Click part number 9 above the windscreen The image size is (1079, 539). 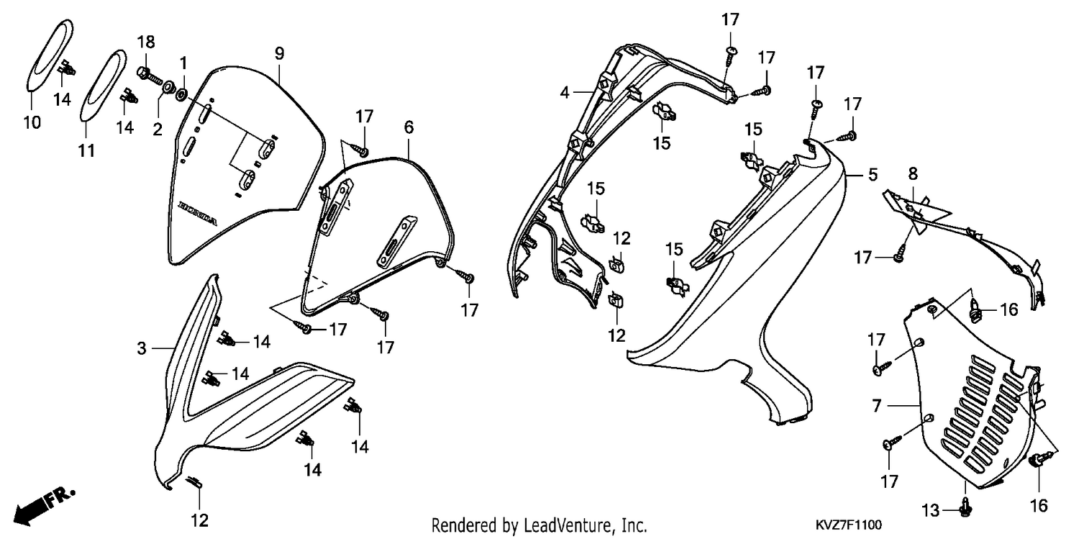point(279,53)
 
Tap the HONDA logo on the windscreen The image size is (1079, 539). point(198,213)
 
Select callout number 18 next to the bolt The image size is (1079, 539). point(147,42)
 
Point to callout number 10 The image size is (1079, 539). point(32,123)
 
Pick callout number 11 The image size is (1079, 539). point(87,151)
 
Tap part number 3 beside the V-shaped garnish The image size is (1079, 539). point(142,348)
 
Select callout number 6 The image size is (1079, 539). point(409,127)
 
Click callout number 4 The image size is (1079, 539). point(565,92)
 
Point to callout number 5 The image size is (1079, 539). point(873,174)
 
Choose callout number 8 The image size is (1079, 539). point(913,173)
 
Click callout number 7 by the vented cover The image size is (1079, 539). point(877,406)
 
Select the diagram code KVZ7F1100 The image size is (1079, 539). point(849,524)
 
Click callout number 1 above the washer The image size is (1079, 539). point(183,63)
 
